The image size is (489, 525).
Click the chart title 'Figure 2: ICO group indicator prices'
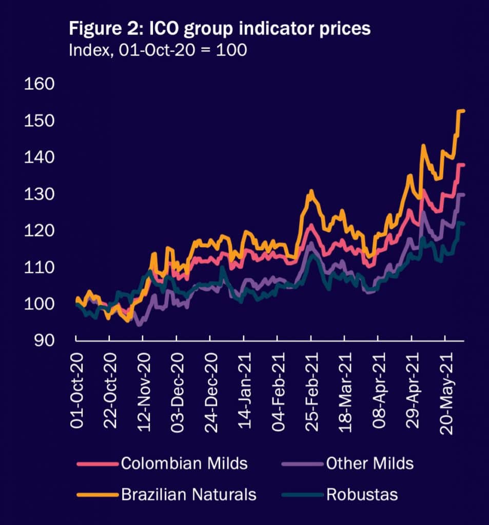219,29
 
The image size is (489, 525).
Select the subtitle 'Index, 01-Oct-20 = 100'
158,51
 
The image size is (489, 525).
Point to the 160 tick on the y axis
39,84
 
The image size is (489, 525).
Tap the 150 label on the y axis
39,121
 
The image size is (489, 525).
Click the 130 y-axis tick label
39,194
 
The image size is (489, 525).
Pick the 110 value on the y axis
39,268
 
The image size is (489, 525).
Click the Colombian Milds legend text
184,464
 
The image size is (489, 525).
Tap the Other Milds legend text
369,464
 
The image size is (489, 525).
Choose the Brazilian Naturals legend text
188,495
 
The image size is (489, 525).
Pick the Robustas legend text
361,495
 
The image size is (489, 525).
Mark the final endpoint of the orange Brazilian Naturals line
464,111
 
